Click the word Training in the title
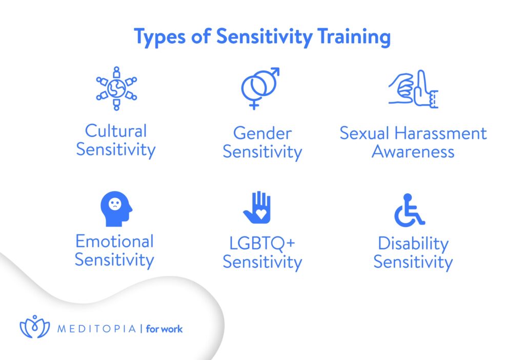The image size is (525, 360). tap(354, 36)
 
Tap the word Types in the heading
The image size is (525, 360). tap(159, 37)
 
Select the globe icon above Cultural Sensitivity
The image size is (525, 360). tap(116, 88)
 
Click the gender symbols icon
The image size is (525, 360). tap(260, 88)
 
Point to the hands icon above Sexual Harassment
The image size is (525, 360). tap(413, 89)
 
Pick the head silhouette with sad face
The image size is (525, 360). tap(116, 209)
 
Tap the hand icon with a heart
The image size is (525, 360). tap(257, 207)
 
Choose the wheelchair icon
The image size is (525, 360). tap(410, 210)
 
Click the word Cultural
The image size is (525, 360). tap(116, 131)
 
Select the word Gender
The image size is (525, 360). tap(262, 133)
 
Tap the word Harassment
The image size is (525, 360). tap(440, 133)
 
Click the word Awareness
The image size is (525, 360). tap(413, 152)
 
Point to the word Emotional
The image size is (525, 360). tap(114, 242)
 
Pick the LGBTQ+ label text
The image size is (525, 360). tap(262, 244)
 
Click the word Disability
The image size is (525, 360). tap(413, 244)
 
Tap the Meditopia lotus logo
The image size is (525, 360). tap(35, 327)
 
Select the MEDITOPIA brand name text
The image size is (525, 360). tap(97, 329)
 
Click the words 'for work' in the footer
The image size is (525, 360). tap(164, 329)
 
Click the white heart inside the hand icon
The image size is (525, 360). tap(261, 214)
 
